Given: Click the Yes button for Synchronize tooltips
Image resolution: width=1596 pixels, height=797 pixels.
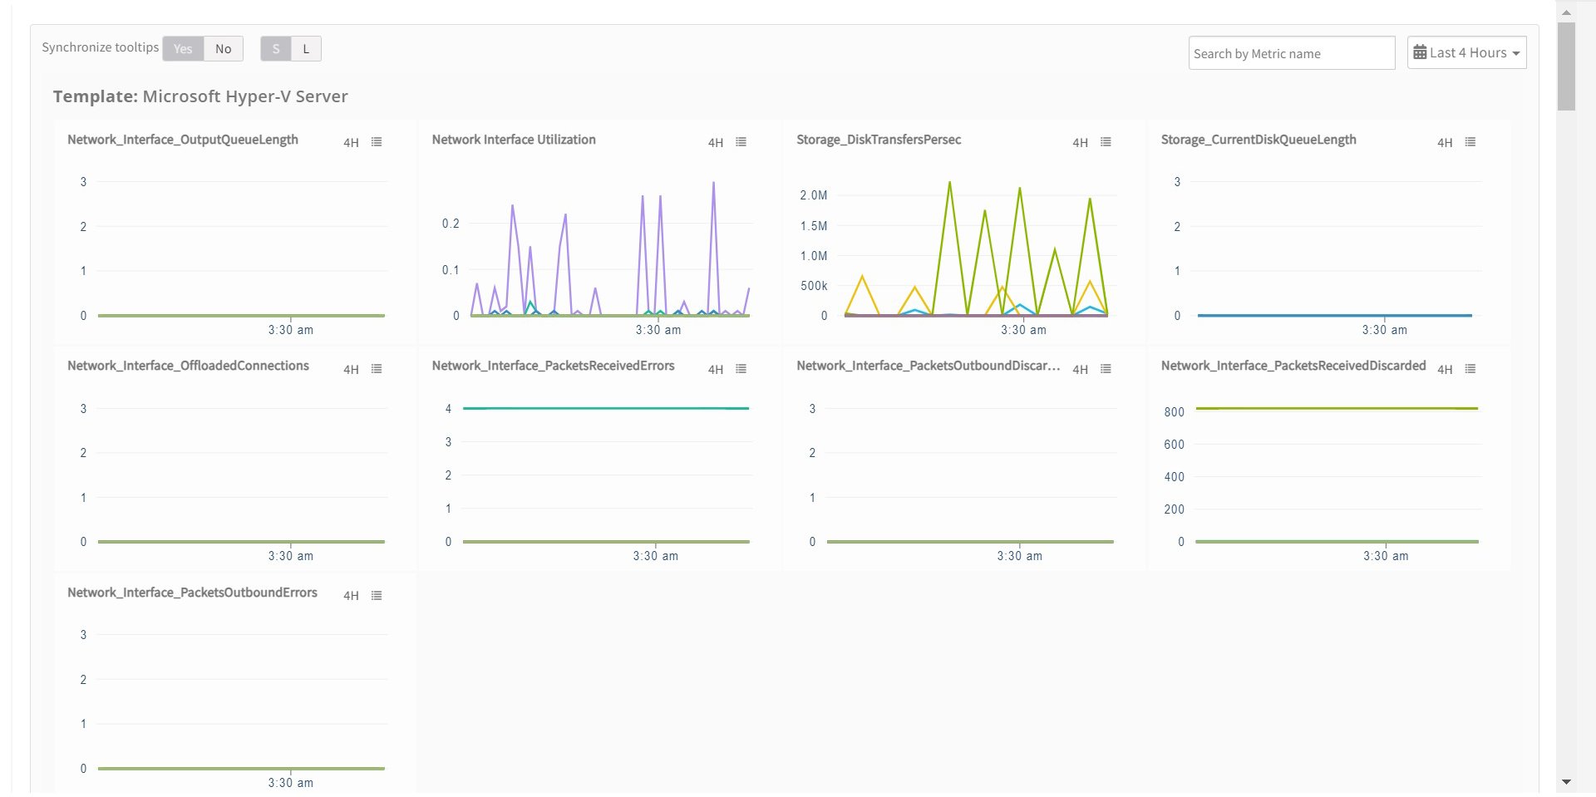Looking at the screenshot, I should point(183,49).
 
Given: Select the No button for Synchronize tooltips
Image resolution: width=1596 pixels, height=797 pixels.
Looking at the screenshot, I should point(223,49).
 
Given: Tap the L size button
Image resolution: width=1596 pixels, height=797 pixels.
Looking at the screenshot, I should point(306,49).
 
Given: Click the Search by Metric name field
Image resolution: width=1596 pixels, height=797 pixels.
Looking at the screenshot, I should point(1291,54).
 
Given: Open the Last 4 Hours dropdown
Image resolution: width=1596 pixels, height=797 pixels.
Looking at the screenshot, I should point(1466,53).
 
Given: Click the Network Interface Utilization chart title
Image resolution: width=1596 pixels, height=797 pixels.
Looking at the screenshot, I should point(513,140).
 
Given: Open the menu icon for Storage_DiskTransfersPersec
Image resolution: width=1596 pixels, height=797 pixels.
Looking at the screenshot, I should point(1106,142).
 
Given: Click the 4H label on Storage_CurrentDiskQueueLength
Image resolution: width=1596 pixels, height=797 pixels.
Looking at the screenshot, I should point(1445,143).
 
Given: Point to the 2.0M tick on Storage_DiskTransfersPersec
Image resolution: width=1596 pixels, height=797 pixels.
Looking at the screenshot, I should point(813,195).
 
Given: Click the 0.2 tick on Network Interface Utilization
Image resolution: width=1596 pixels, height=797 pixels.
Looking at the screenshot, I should point(450,224).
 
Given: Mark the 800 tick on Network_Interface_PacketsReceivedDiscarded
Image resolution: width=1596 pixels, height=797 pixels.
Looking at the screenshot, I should point(1174,412).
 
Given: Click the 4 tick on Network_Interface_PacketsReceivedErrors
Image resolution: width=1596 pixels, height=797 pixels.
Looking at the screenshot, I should point(448,409).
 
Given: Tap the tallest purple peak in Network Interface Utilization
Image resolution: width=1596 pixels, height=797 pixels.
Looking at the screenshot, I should point(713,184).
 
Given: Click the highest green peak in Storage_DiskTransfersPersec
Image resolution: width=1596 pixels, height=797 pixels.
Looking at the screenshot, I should point(949,183).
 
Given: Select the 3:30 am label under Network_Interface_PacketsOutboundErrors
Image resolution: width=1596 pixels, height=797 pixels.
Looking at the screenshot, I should point(290,783).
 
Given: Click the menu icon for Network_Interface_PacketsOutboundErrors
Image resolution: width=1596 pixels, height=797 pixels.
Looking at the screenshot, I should point(377,596).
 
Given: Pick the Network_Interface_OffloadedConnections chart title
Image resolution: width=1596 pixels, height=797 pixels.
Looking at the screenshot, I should point(188,366).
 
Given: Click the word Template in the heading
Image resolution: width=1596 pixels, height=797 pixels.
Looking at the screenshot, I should point(95,96).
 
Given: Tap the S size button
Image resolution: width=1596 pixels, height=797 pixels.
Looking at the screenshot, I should point(276,49).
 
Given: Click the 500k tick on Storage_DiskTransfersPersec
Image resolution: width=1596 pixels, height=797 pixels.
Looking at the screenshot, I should point(813,286).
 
